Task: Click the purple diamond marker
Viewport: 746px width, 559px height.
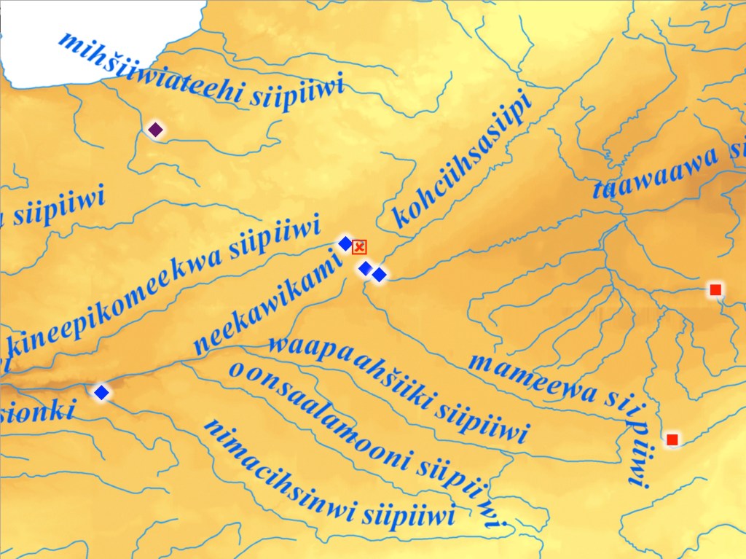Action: tap(155, 130)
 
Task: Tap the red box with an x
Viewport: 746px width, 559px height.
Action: tap(359, 247)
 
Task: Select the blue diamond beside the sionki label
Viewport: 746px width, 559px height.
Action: tap(101, 393)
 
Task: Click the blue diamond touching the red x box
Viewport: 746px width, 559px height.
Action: tap(345, 243)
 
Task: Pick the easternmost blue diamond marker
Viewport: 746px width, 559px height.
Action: tap(379, 275)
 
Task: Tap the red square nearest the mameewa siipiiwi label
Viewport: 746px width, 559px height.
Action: tap(672, 439)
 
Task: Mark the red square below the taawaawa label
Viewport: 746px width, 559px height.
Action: tap(715, 290)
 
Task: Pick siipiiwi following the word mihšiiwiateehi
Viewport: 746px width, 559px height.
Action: tap(296, 94)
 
